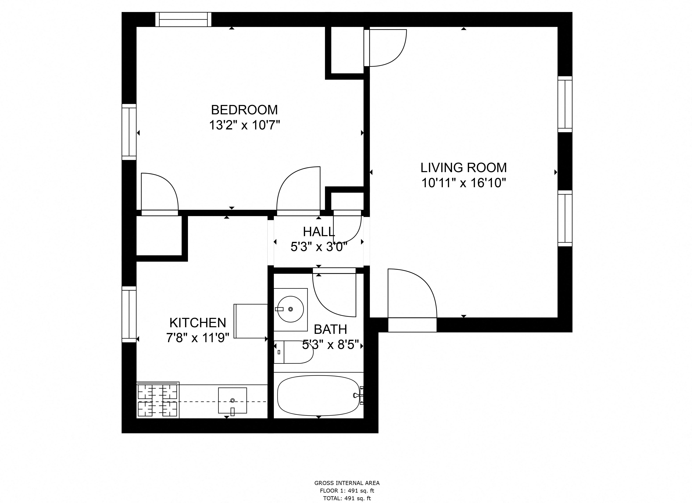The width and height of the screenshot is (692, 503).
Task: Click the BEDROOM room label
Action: point(244,110)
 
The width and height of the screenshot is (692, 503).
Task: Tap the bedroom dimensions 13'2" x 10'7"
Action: point(244,125)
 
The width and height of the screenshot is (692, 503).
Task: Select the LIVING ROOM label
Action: point(463,168)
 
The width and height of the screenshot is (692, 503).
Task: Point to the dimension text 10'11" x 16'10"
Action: point(463,183)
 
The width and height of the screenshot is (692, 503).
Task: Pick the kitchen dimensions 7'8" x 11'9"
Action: point(198,338)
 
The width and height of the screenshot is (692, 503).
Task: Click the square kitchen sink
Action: point(233,400)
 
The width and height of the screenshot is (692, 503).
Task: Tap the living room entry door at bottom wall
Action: point(412,325)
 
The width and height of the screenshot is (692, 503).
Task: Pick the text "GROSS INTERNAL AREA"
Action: point(347,483)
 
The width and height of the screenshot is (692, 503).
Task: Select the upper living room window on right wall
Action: point(565,104)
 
